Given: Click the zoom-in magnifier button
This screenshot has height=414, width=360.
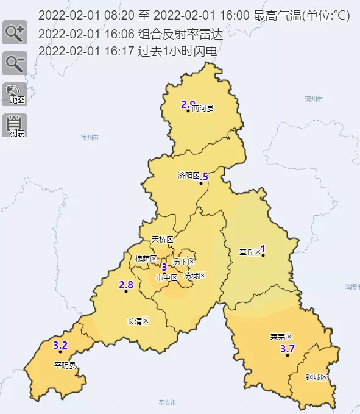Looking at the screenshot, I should coord(14,32).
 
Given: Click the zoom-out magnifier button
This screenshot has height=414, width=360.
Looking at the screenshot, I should coord(14,63).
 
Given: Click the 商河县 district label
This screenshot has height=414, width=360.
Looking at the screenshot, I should coord(203,109).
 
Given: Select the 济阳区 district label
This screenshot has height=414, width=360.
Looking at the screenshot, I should coord(189,175).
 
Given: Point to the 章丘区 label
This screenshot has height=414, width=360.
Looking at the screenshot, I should coord(250,251).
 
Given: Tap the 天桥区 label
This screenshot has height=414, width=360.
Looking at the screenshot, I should coord(163,239).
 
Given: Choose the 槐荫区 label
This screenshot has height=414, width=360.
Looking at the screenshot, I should coord(146,259).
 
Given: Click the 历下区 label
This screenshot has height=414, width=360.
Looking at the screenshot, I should coord(184,262).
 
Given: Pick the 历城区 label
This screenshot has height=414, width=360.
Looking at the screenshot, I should coord(195,276).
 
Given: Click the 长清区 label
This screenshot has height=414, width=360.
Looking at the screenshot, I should coord(138,321).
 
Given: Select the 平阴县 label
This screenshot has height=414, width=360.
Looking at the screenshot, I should coord(65,366).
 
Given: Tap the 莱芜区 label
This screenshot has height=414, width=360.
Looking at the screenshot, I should coord(281,337).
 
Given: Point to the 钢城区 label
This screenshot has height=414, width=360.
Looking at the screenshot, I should coord(317,377).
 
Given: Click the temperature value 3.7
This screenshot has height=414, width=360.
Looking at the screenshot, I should coord(287,349).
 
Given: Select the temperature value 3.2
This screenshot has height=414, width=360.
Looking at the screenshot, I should coord(60,345).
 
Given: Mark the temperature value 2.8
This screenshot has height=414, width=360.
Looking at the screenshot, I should coord(126,285).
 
